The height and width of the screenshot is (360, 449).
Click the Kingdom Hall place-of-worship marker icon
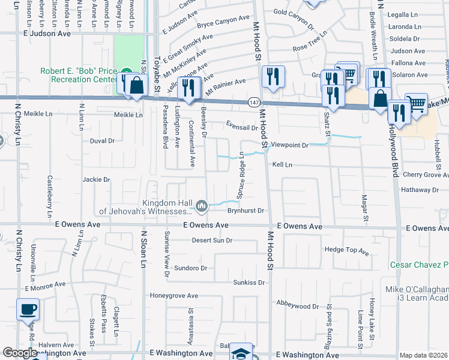(x=202, y=207)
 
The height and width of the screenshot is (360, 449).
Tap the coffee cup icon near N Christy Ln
(x=28, y=311)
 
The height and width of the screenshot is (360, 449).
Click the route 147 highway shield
(x=255, y=103)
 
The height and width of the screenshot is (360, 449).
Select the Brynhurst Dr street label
(x=246, y=211)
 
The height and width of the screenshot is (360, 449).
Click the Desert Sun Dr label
(x=212, y=241)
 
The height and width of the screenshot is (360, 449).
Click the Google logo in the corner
(x=20, y=353)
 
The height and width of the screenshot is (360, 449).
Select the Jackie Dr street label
(x=97, y=179)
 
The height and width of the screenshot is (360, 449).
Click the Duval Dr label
(x=102, y=141)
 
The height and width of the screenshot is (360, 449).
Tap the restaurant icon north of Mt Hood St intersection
(x=273, y=77)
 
